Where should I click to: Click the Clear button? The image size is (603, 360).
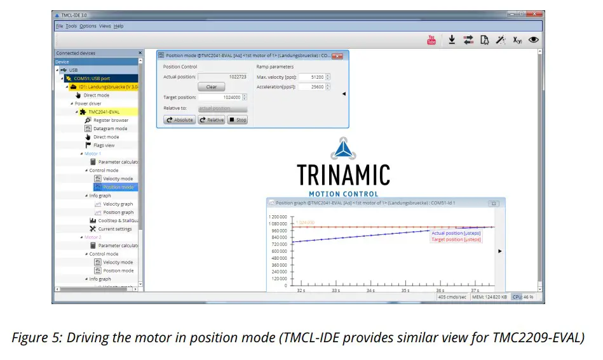click(212, 87)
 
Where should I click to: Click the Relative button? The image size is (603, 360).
click(212, 119)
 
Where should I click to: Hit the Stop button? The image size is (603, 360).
click(238, 119)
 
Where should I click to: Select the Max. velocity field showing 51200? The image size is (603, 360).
click(311, 77)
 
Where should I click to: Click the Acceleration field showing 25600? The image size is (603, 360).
click(311, 87)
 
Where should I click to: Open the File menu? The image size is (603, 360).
click(59, 26)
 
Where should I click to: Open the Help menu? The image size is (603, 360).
click(119, 26)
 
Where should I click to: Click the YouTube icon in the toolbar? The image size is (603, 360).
click(431, 40)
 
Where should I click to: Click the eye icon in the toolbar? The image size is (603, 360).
click(534, 39)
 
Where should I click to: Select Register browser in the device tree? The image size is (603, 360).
click(111, 120)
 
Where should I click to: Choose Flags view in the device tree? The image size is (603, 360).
click(104, 145)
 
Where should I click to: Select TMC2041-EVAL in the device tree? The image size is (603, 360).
click(104, 112)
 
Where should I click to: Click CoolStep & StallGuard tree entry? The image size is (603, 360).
click(118, 220)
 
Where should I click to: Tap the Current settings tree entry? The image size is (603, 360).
click(115, 229)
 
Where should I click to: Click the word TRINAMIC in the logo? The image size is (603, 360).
click(343, 175)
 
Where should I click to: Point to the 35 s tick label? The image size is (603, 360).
click(405, 290)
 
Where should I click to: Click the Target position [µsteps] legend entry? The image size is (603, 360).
click(456, 239)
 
